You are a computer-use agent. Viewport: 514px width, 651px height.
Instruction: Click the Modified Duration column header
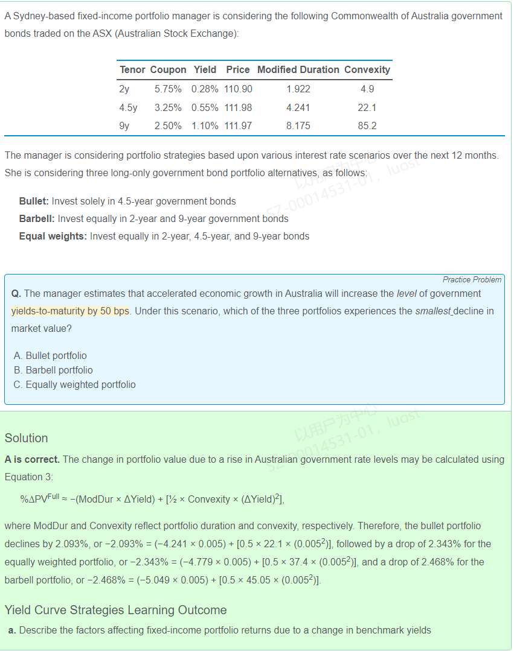(x=298, y=70)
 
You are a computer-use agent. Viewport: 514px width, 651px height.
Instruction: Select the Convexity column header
(x=367, y=70)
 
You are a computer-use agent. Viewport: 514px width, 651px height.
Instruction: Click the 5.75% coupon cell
(x=168, y=89)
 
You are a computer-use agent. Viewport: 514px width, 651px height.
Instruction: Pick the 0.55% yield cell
(x=205, y=108)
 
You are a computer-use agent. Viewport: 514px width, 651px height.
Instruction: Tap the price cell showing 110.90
(x=238, y=89)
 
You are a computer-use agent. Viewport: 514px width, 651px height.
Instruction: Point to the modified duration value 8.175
(x=298, y=126)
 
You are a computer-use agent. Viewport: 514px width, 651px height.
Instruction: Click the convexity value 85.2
(x=367, y=126)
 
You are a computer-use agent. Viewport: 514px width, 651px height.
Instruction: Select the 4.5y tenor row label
(x=129, y=108)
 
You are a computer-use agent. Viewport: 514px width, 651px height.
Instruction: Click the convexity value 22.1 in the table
(x=367, y=108)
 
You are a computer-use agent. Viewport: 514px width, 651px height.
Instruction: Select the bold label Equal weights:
(x=53, y=237)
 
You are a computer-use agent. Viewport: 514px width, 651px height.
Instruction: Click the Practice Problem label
(x=472, y=280)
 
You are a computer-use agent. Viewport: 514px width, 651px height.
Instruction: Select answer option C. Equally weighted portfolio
(x=74, y=385)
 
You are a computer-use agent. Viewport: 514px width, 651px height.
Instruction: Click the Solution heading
(x=26, y=439)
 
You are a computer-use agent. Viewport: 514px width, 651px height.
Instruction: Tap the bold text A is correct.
(x=32, y=460)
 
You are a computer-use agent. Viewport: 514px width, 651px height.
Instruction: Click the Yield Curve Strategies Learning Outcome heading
(x=115, y=610)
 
